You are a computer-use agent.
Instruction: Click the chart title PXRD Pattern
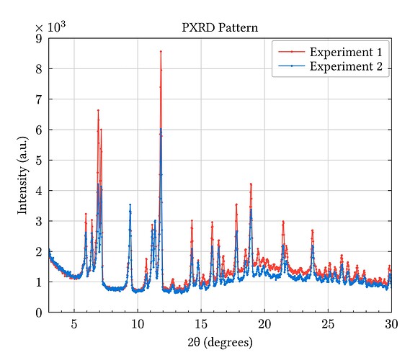(219, 28)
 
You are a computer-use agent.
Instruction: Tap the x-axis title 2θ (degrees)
(219, 341)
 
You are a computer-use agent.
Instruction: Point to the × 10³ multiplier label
(50, 27)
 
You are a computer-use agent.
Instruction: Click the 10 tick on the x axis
(138, 324)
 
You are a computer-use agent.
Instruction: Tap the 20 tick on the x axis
(264, 324)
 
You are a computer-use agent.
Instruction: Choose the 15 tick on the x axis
(201, 324)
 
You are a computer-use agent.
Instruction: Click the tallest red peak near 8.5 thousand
(161, 51)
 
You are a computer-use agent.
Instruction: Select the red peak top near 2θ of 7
(98, 110)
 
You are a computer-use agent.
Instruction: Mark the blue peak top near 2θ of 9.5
(130, 205)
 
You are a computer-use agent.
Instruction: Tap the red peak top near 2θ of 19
(251, 184)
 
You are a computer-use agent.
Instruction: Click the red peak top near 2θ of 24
(312, 230)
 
